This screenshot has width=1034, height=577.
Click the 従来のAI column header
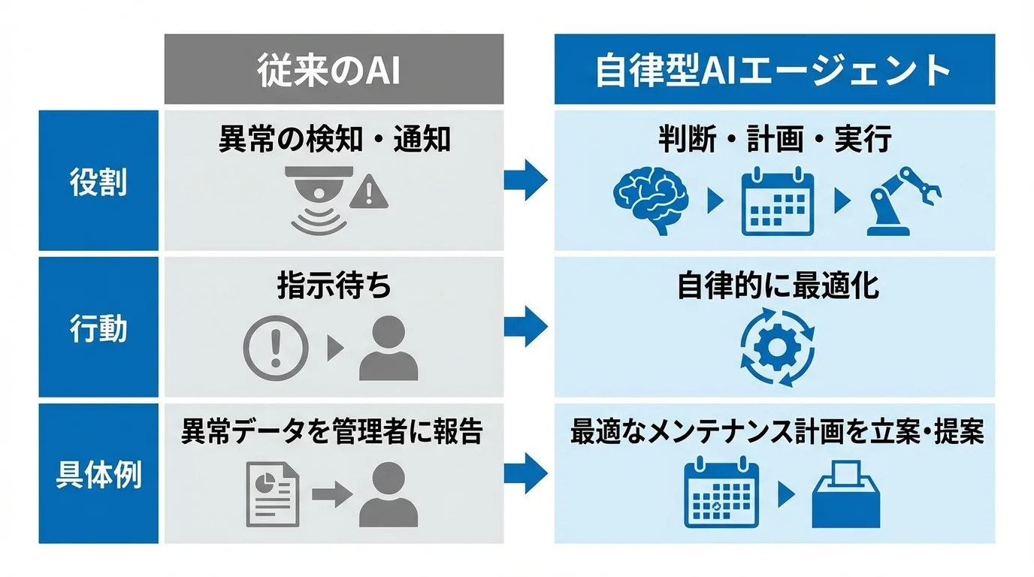(334, 70)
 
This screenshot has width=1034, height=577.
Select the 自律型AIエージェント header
(774, 70)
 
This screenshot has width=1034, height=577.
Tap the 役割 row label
(98, 181)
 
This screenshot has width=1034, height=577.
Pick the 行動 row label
(98, 328)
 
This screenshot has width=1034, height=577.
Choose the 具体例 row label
(98, 474)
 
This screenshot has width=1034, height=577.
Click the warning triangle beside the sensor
(370, 192)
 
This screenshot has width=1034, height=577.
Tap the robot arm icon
(902, 201)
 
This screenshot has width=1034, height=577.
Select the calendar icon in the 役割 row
(778, 201)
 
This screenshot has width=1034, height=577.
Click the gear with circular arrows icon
(777, 346)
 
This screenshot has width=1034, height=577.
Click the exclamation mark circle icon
(276, 348)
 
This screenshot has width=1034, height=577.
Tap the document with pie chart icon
(273, 494)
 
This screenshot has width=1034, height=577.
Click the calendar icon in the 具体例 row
(721, 494)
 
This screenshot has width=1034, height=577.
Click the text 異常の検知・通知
(334, 140)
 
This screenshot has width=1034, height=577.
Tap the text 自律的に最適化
(777, 286)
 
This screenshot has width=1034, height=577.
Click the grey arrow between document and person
(331, 494)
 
